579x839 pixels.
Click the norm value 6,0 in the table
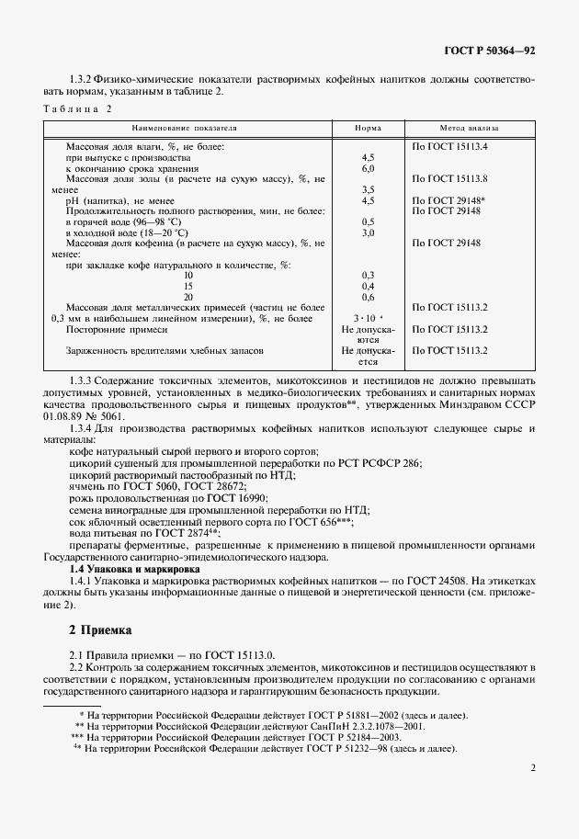tap(369, 169)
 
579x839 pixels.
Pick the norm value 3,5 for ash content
tap(369, 188)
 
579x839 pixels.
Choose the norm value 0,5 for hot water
tap(369, 221)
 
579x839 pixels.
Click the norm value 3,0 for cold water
tap(369, 232)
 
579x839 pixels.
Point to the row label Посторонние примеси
tap(117, 328)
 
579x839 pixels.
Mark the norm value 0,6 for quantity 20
tap(369, 297)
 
